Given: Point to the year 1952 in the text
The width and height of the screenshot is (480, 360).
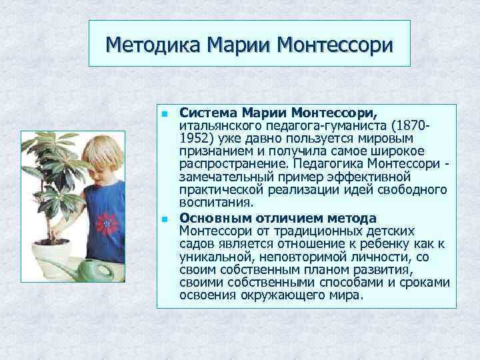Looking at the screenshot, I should [x=195, y=138].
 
